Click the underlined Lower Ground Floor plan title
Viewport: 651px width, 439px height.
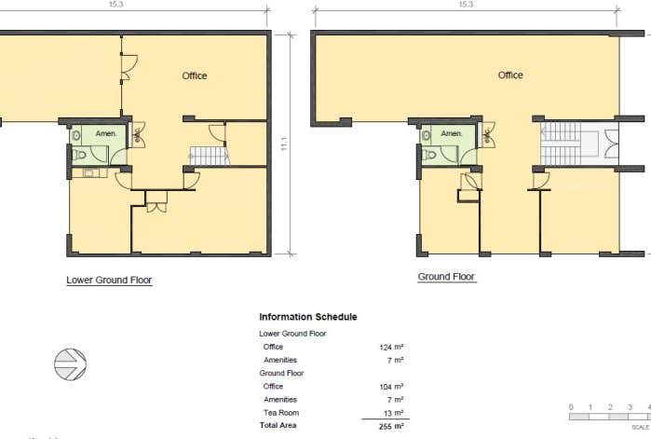point(109,280)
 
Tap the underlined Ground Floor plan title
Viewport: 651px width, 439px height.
point(446,277)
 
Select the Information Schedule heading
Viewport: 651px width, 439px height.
point(307,317)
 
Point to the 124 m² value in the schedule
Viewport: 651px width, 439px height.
point(391,347)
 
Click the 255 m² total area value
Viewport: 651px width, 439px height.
point(391,425)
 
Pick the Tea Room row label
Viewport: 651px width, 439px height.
point(282,412)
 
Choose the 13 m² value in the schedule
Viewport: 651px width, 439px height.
point(393,412)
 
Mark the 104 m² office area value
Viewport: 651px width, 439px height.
point(391,386)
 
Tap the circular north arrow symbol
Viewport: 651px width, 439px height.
point(71,364)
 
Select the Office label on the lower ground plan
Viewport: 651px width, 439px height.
point(194,75)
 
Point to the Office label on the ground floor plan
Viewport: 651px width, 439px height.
point(510,75)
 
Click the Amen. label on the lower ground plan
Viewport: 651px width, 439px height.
point(106,134)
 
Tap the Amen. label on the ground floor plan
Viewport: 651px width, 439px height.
point(452,134)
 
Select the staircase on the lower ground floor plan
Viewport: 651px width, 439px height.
point(210,156)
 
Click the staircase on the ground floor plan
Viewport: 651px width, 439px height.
point(561,144)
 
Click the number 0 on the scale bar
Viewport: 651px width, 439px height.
point(571,407)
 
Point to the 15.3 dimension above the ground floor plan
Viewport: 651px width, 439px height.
point(466,5)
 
